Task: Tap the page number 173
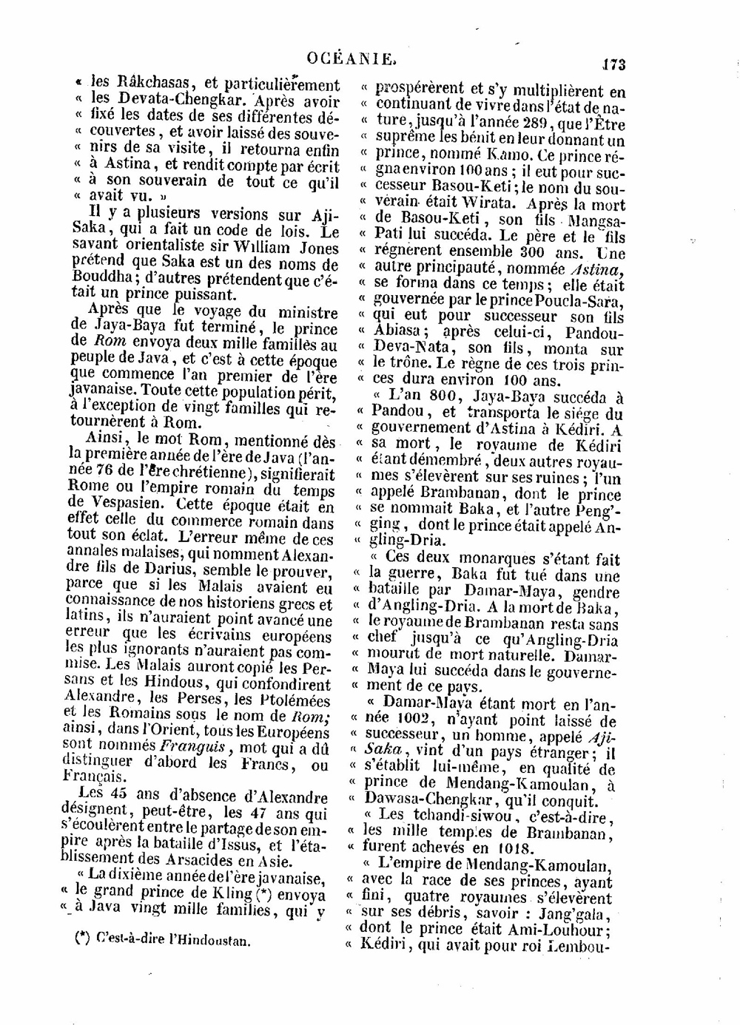(613, 64)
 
